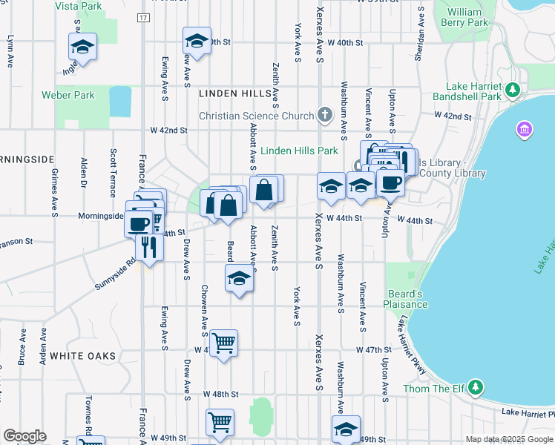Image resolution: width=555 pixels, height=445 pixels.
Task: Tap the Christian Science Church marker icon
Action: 324,115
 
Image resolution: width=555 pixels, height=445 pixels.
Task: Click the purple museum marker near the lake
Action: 524,131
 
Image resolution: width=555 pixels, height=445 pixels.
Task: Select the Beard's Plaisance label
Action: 406,299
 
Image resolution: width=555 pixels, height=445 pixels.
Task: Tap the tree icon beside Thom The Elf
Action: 475,387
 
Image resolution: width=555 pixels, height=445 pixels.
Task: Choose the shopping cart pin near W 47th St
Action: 223,343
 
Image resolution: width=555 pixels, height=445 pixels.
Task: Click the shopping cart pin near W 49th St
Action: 220,423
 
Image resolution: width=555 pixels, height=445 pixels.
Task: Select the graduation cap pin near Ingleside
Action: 82,48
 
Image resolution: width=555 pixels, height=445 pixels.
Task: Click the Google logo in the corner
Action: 24,436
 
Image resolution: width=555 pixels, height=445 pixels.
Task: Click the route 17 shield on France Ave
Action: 143,17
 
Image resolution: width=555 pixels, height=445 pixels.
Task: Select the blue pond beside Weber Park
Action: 119,102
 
